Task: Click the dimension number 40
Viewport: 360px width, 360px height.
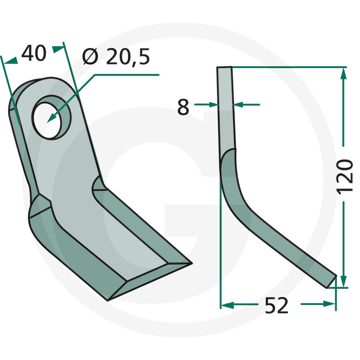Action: [x=34, y=53]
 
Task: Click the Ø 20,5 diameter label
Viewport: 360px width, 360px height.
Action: [x=116, y=57]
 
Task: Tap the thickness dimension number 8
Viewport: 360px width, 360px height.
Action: [x=183, y=107]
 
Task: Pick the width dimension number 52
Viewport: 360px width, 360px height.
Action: [x=276, y=306]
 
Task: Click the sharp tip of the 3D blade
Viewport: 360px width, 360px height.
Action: [x=192, y=263]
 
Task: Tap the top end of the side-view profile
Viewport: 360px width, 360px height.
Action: [x=224, y=67]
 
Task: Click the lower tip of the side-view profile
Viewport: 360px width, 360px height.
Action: [x=331, y=282]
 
